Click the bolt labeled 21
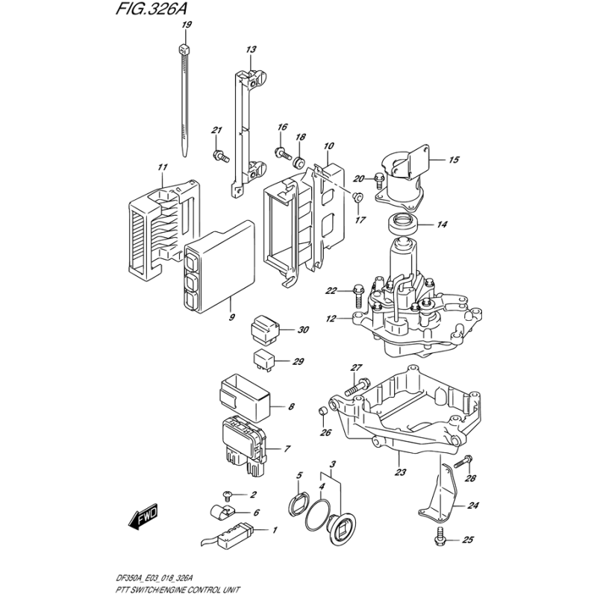tap(220, 155)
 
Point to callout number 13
tap(251, 49)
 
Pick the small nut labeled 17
tap(358, 196)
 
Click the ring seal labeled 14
tap(401, 222)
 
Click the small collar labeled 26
tap(322, 410)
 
